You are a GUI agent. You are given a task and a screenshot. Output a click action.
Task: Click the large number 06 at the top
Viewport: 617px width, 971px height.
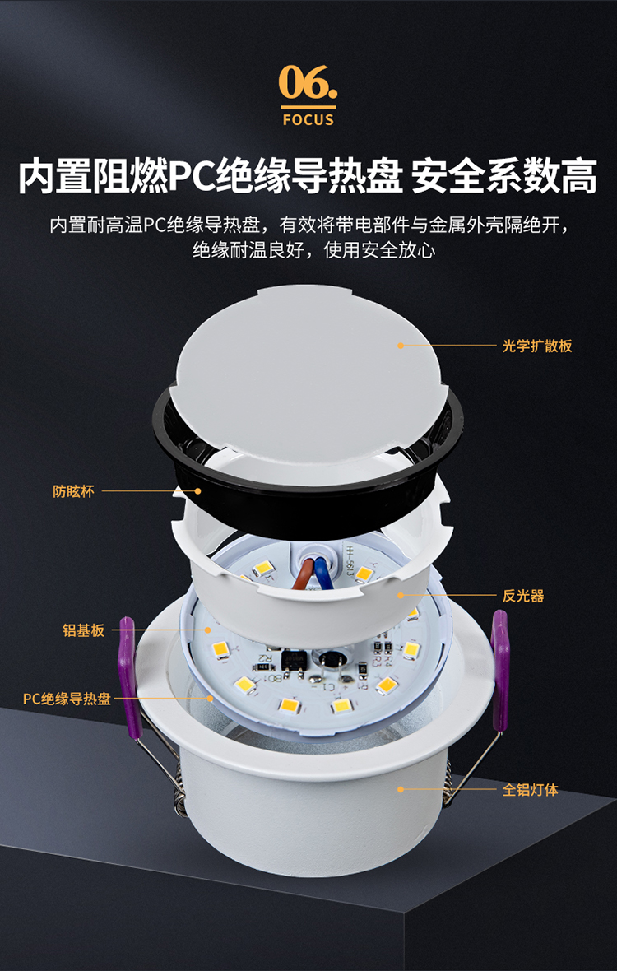click(308, 82)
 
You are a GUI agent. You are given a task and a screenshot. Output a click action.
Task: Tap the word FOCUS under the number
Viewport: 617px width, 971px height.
click(308, 118)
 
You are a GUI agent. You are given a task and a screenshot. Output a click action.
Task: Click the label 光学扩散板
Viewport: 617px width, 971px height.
click(537, 346)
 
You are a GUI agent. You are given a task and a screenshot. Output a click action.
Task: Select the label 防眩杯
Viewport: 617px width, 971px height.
click(74, 492)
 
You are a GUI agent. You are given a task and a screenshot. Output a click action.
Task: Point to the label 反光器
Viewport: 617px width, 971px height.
click(523, 596)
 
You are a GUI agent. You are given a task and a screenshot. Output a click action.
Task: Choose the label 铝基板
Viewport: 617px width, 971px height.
click(84, 631)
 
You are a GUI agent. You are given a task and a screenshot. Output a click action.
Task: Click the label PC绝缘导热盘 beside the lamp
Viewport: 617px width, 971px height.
click(67, 699)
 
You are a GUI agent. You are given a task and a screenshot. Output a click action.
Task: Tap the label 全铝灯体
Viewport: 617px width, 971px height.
click(531, 790)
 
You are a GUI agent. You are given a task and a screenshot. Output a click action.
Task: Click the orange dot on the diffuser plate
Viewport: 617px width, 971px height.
click(401, 346)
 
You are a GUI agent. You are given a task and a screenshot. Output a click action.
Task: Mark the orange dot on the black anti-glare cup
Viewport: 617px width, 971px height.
click(198, 491)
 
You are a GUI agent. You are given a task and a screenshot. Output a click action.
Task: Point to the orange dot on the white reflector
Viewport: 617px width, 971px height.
click(401, 595)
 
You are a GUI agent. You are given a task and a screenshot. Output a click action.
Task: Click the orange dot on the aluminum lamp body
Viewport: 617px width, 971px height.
click(401, 789)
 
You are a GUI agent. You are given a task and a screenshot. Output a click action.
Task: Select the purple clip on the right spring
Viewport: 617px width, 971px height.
click(499, 669)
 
